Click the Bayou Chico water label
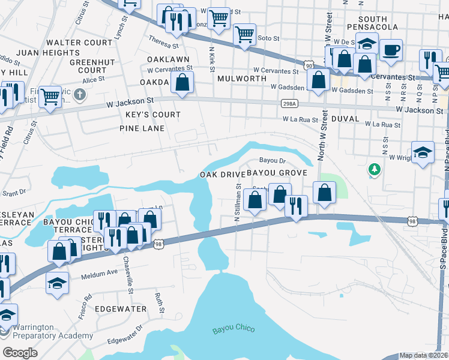click(234, 329)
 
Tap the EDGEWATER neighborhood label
click(121, 308)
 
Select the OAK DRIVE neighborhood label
click(223, 174)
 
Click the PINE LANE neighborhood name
click(141, 128)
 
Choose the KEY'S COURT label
click(152, 115)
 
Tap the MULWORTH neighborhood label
click(242, 79)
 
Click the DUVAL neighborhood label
click(345, 119)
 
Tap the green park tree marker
click(375, 170)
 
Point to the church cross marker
click(80, 95)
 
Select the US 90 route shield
click(308, 64)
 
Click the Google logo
click(21, 352)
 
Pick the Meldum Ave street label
click(100, 272)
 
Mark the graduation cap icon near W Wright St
click(423, 152)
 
